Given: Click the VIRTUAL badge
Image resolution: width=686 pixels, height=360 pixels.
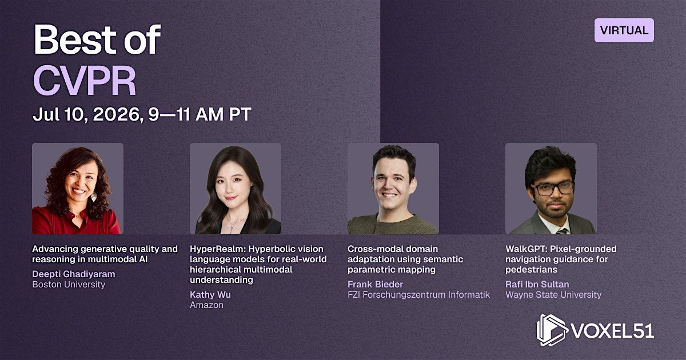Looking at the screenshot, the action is pyautogui.click(x=624, y=30).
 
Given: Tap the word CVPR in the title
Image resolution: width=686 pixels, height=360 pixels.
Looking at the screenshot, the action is pyautogui.click(x=85, y=81).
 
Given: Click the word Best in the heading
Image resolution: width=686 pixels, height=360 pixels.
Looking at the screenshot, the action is pyautogui.click(x=74, y=39).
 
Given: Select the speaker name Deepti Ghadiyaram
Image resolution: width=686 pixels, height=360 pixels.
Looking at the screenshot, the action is pyautogui.click(x=74, y=274).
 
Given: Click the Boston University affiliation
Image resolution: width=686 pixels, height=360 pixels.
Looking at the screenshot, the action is pyautogui.click(x=69, y=285).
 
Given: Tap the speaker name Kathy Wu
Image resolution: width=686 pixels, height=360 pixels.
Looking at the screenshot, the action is pyautogui.click(x=210, y=294).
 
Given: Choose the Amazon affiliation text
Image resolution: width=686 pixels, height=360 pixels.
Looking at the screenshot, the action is pyautogui.click(x=206, y=305).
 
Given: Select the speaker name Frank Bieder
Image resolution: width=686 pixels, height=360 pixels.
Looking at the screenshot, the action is pyautogui.click(x=375, y=285).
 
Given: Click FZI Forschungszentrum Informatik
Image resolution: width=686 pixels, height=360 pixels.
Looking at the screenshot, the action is pyautogui.click(x=418, y=295).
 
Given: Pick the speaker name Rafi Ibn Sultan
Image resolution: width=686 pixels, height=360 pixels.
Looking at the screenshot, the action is pyautogui.click(x=537, y=285).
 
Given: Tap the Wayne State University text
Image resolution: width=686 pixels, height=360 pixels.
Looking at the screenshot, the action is pyautogui.click(x=553, y=295).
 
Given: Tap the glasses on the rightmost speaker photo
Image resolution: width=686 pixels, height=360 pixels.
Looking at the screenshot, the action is pyautogui.click(x=553, y=188).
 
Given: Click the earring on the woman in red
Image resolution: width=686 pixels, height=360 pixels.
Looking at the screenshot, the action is pyautogui.click(x=94, y=196).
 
